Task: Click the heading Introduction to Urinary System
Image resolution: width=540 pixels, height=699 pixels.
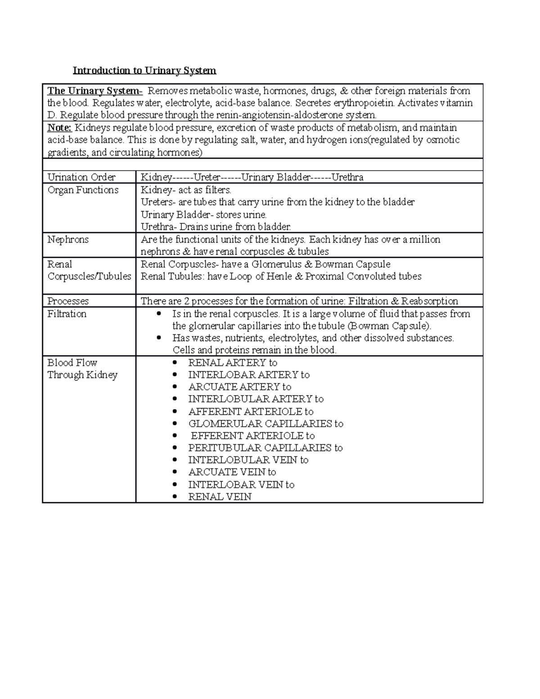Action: pyautogui.click(x=144, y=71)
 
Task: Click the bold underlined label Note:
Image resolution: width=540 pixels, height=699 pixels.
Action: pyautogui.click(x=59, y=128)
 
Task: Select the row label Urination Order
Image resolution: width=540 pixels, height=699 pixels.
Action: pyautogui.click(x=81, y=177)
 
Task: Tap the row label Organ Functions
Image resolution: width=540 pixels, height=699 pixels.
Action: pyautogui.click(x=83, y=190)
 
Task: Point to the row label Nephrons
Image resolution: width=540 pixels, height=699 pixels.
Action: pyautogui.click(x=68, y=239)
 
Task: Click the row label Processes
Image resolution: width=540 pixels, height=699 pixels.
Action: pyautogui.click(x=68, y=301)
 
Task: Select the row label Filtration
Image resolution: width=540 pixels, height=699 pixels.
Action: pyautogui.click(x=67, y=314)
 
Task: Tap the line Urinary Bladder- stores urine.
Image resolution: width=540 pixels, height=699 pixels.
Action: pyautogui.click(x=203, y=215)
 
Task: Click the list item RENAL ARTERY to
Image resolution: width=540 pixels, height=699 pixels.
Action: pyautogui.click(x=232, y=363)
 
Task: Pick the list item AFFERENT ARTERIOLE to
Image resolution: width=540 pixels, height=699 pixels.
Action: pyautogui.click(x=251, y=411)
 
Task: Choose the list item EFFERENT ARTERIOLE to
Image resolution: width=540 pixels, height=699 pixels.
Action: pyautogui.click(x=252, y=436)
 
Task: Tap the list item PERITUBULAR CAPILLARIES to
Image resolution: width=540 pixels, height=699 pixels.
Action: pyautogui.click(x=265, y=448)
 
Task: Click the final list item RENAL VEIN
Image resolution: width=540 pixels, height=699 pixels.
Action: pyautogui.click(x=220, y=497)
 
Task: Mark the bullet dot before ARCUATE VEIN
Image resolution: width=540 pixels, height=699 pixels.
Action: pyautogui.click(x=175, y=473)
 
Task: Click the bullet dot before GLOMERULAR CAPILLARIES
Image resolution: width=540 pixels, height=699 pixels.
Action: pyautogui.click(x=175, y=424)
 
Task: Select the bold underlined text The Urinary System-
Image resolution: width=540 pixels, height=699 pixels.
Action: pyautogui.click(x=95, y=91)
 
